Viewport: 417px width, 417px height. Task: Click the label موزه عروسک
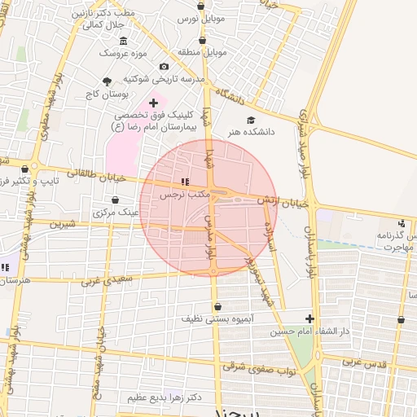(x=121, y=53)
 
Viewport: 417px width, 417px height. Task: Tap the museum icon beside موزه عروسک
(x=123, y=41)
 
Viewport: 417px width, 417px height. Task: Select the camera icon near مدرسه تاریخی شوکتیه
(x=165, y=66)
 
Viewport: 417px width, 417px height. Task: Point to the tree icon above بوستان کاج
(x=107, y=81)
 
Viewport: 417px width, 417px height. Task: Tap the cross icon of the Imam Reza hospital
(x=153, y=103)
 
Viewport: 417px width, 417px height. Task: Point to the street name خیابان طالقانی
(x=98, y=175)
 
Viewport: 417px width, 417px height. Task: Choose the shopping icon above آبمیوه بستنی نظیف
(x=217, y=307)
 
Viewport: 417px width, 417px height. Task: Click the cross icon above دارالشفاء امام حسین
(x=309, y=318)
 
